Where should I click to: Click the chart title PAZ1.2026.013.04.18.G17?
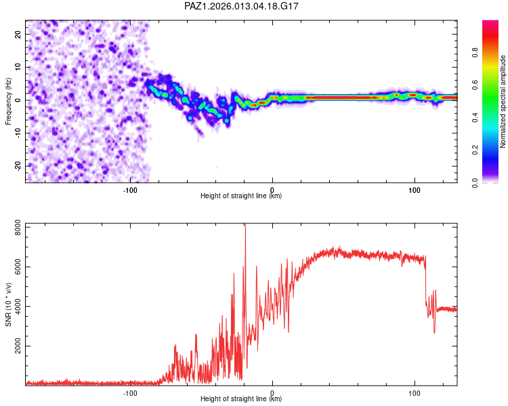(242, 6)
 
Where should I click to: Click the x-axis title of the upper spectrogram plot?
(241, 196)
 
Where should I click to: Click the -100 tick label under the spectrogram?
(131, 189)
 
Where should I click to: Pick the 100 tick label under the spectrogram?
(414, 189)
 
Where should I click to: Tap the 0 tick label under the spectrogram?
(272, 189)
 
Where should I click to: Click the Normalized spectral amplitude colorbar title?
(503, 101)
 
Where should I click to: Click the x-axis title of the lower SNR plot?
(241, 399)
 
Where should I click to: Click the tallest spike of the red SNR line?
(245, 226)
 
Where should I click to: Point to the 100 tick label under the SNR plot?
(414, 392)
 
